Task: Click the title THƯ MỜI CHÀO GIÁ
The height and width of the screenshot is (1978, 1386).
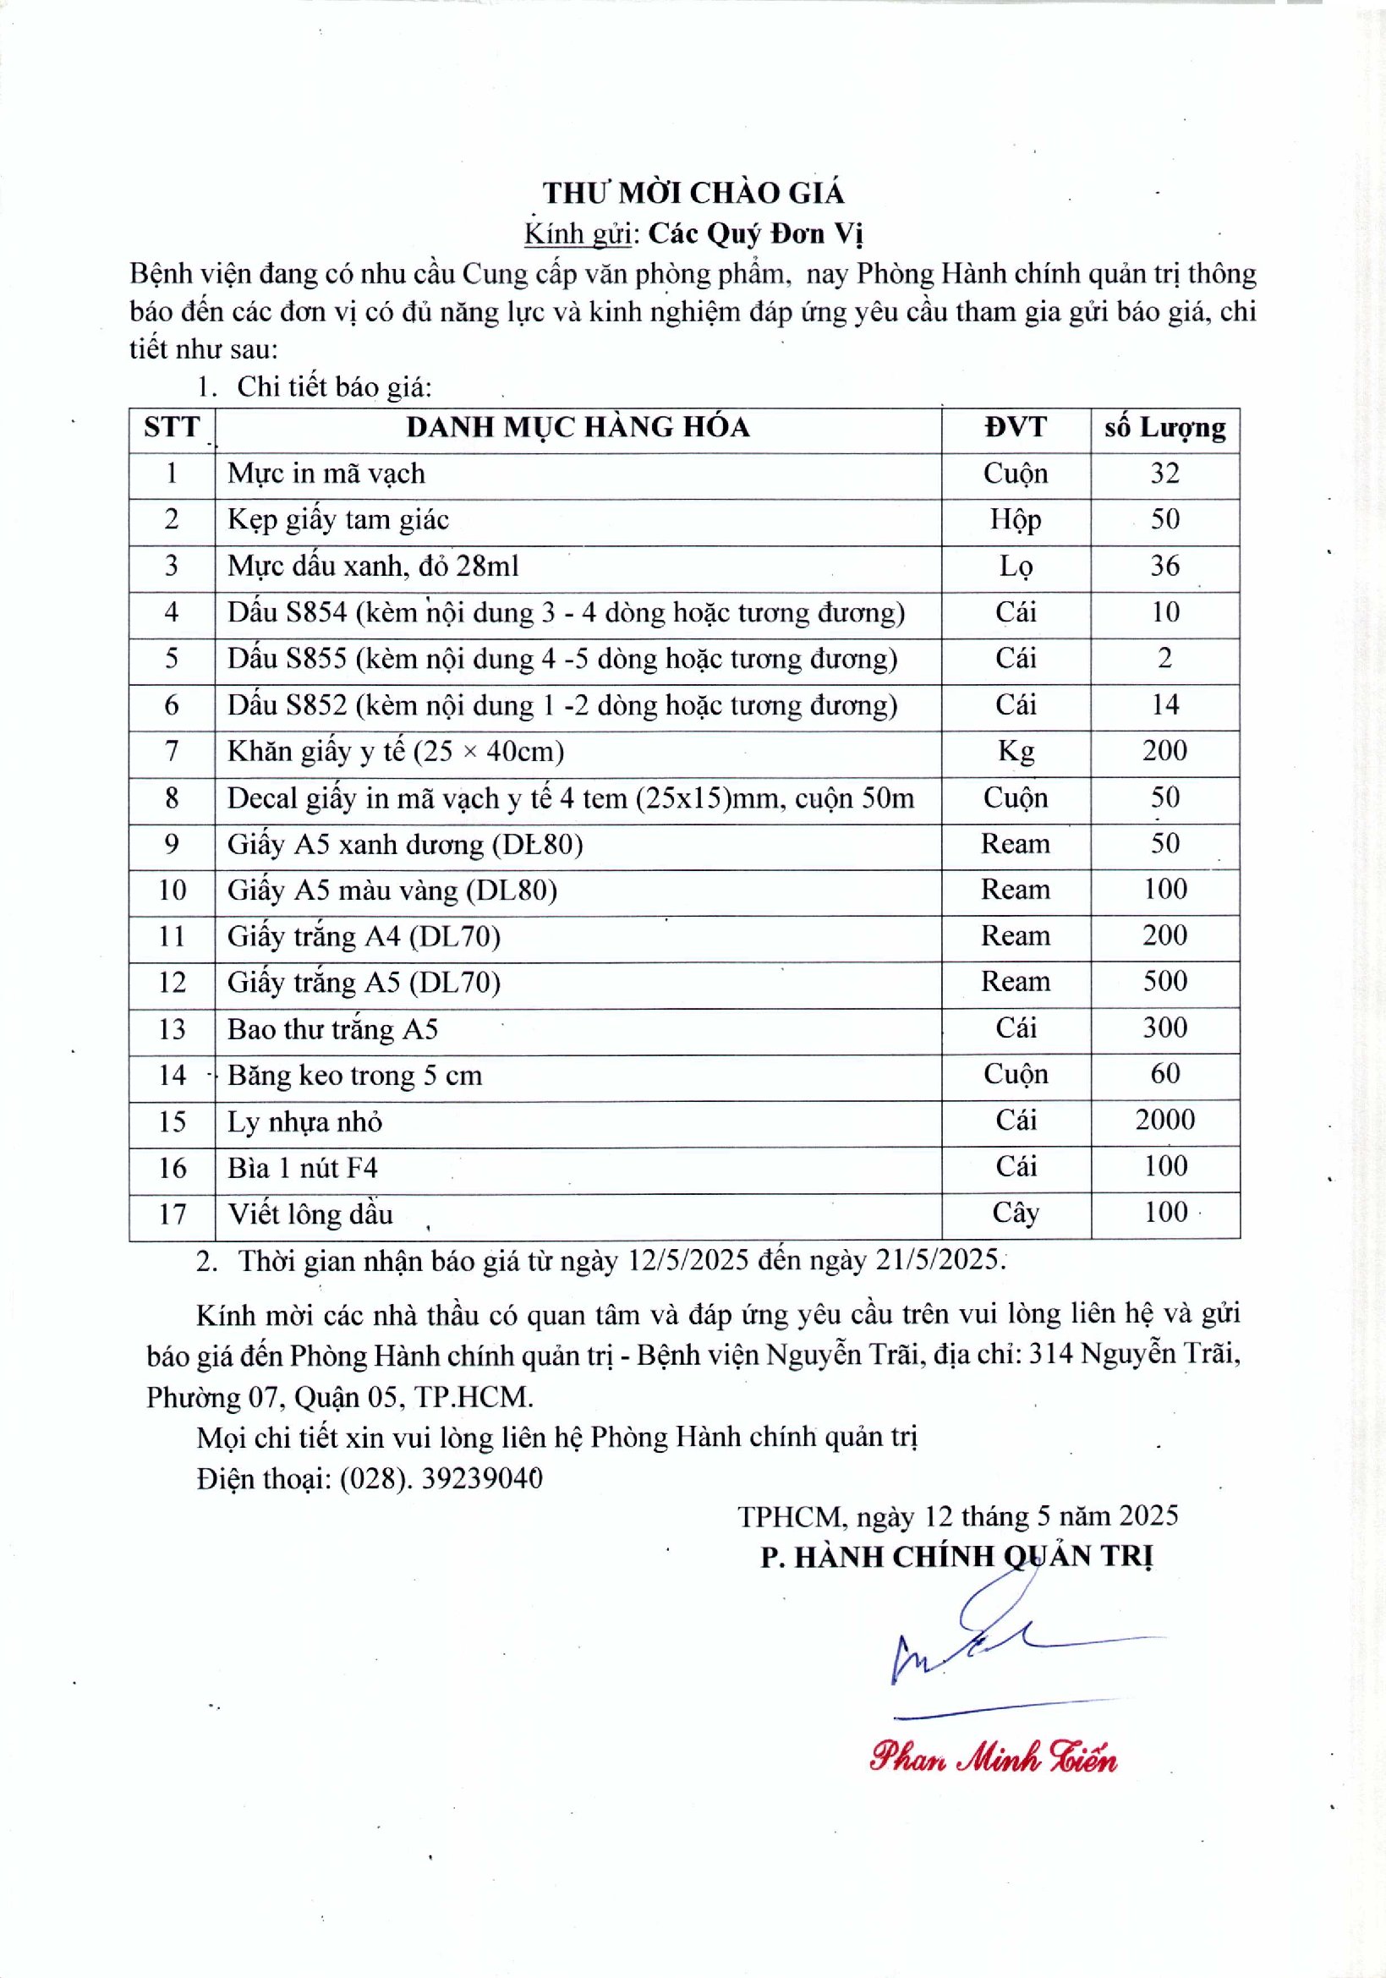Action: (693, 192)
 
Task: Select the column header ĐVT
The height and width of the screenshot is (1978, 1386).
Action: (1016, 427)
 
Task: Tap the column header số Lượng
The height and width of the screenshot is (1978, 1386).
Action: (1164, 427)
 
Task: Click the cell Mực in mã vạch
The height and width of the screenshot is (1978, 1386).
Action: (326, 474)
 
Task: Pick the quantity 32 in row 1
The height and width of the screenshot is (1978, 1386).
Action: (1164, 474)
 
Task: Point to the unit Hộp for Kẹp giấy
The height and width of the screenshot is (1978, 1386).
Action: (1016, 519)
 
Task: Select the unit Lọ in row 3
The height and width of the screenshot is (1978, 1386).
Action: (1016, 566)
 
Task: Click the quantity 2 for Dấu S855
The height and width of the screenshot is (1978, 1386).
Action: (1164, 659)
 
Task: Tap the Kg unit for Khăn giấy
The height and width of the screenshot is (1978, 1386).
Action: (1016, 751)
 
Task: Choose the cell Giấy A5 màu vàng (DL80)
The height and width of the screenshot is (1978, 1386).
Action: (392, 890)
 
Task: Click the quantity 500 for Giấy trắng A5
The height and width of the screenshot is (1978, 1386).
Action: (1164, 981)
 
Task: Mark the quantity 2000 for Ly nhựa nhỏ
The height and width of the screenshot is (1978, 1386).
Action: (1164, 1120)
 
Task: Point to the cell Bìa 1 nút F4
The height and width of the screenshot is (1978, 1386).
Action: (303, 1168)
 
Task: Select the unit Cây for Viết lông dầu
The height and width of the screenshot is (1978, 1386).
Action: (1016, 1213)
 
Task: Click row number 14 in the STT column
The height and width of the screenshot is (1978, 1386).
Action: (173, 1075)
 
